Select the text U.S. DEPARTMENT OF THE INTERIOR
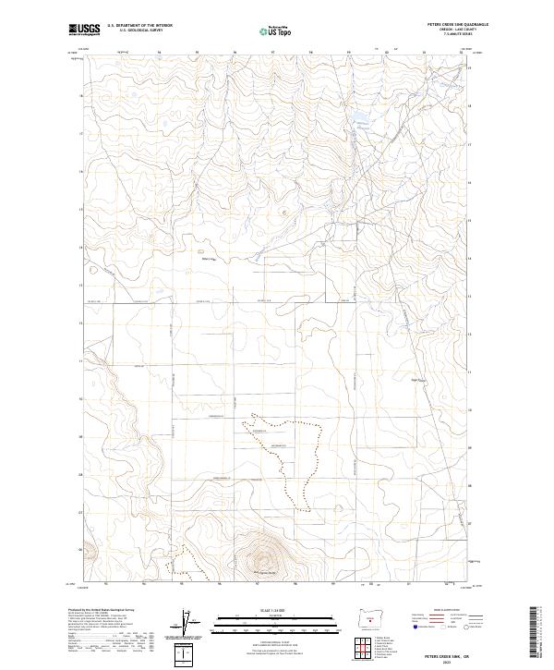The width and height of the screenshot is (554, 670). click(x=139, y=26)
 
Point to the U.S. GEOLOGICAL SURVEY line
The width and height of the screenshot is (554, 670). click(x=139, y=31)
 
